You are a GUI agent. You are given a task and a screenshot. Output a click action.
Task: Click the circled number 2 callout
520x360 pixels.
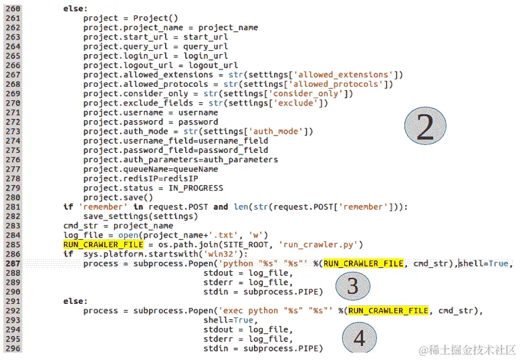(x=425, y=127)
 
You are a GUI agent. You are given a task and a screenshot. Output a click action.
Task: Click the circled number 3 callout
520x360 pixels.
(x=352, y=286)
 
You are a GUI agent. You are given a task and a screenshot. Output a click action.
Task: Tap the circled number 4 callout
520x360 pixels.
(x=359, y=338)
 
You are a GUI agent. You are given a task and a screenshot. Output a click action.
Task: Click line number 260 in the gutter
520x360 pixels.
(x=13, y=9)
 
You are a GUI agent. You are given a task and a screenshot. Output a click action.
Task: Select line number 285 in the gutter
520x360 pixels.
(x=13, y=245)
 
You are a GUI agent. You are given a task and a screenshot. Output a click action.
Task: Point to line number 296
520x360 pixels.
(x=13, y=349)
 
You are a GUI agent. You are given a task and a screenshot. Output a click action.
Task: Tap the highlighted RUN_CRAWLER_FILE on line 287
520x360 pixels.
(x=363, y=264)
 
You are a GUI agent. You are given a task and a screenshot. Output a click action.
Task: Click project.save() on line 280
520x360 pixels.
(x=118, y=198)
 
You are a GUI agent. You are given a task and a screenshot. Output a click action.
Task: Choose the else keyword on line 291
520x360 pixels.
(x=75, y=302)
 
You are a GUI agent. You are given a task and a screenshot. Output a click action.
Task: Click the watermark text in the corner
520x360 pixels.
(x=467, y=349)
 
